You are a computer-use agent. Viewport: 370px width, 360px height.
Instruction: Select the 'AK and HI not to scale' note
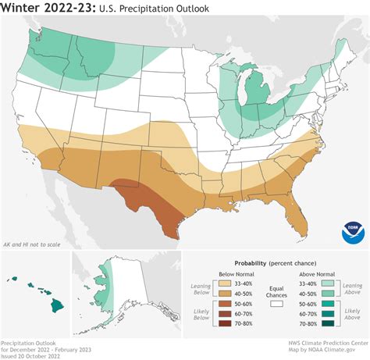[33, 244]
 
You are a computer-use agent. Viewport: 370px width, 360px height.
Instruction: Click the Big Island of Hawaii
[55, 288]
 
